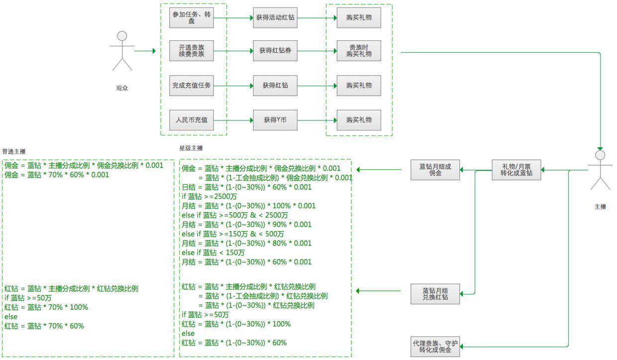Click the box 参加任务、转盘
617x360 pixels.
click(192, 18)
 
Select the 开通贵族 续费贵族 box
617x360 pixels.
click(192, 51)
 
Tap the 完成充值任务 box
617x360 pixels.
click(192, 86)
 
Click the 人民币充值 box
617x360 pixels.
click(192, 120)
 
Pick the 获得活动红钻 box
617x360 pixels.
click(275, 18)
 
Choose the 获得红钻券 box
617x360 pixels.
click(275, 51)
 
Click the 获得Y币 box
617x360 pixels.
click(275, 120)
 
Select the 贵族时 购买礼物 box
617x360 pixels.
click(359, 51)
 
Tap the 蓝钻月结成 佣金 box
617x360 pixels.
click(435, 170)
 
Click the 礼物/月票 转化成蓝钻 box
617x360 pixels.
click(515, 170)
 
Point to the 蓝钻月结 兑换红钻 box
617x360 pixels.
click(435, 294)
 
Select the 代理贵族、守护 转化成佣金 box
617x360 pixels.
click(435, 347)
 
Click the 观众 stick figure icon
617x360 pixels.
click(122, 51)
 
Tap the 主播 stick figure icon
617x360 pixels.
click(600, 170)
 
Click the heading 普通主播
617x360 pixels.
click(14, 151)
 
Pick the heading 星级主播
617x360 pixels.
click(191, 148)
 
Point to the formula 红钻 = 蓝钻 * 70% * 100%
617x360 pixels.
click(46, 307)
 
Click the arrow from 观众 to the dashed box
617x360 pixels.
click(145, 51)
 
